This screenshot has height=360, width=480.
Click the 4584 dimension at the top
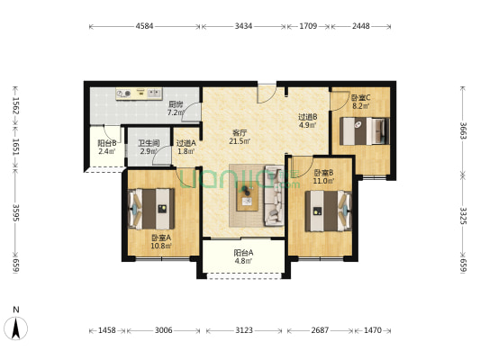(x=144, y=26)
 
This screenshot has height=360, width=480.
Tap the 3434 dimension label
(x=243, y=26)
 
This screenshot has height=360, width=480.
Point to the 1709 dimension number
(x=308, y=26)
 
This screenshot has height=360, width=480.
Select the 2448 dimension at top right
(x=360, y=26)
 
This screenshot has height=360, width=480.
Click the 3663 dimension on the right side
(x=463, y=130)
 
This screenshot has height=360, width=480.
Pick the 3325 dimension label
(x=463, y=216)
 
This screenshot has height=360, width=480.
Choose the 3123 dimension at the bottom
(x=244, y=330)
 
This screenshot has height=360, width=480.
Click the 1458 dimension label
(x=107, y=330)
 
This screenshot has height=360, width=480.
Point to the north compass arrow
(x=16, y=328)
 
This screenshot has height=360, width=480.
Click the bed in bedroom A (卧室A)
(x=151, y=209)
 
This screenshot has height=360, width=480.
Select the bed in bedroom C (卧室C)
(x=365, y=130)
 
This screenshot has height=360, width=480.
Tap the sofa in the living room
(x=275, y=196)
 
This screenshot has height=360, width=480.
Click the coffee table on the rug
(x=247, y=196)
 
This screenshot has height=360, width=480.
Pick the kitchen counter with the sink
(x=139, y=94)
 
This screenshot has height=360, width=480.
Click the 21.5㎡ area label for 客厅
(x=240, y=141)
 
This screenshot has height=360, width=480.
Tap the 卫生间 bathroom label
(x=149, y=143)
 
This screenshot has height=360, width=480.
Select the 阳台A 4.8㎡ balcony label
(x=243, y=256)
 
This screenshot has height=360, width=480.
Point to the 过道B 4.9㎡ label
(x=308, y=121)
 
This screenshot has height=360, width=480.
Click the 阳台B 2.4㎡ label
(x=107, y=147)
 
